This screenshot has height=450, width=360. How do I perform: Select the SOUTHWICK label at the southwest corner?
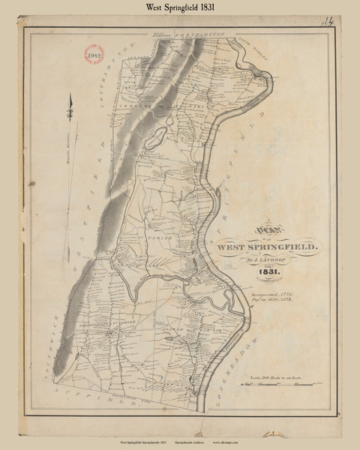(63, 352)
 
